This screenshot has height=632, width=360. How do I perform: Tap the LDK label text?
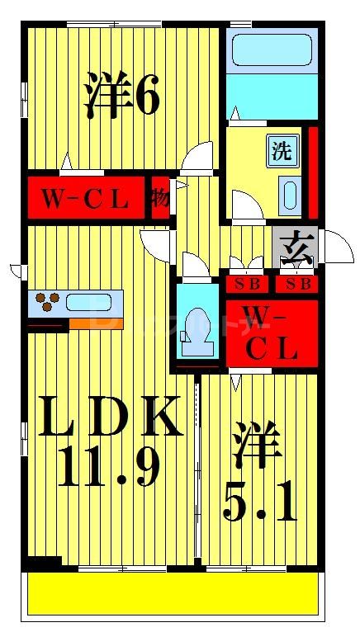(x=112, y=417)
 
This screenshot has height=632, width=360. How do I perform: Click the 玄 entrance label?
(x=295, y=245)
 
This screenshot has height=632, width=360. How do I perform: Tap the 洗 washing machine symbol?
(x=282, y=152)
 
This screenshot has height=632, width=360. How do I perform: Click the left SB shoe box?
(x=249, y=285)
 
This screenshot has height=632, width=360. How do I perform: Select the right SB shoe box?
(x=296, y=285)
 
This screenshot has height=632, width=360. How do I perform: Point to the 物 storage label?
(x=160, y=198)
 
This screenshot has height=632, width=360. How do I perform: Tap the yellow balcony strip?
(x=173, y=595)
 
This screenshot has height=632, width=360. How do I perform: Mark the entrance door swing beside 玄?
(x=335, y=245)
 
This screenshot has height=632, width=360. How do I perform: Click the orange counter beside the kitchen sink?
(x=95, y=323)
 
